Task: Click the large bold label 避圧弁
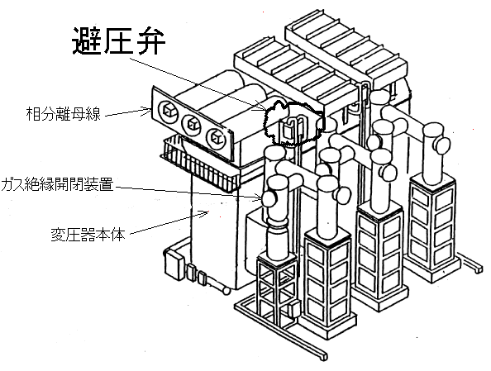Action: pyautogui.click(x=119, y=41)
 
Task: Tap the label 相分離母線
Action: pyautogui.click(x=64, y=114)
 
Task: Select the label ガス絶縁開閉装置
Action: pyautogui.click(x=57, y=184)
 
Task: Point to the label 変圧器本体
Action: pyautogui.click(x=88, y=234)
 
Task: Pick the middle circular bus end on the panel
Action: pyautogui.click(x=192, y=124)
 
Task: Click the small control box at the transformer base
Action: pyautogui.click(x=174, y=263)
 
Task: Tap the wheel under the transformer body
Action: pyautogui.click(x=226, y=291)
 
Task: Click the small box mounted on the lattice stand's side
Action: pyautogui.click(x=294, y=307)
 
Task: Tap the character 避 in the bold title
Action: pyautogui.click(x=87, y=41)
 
